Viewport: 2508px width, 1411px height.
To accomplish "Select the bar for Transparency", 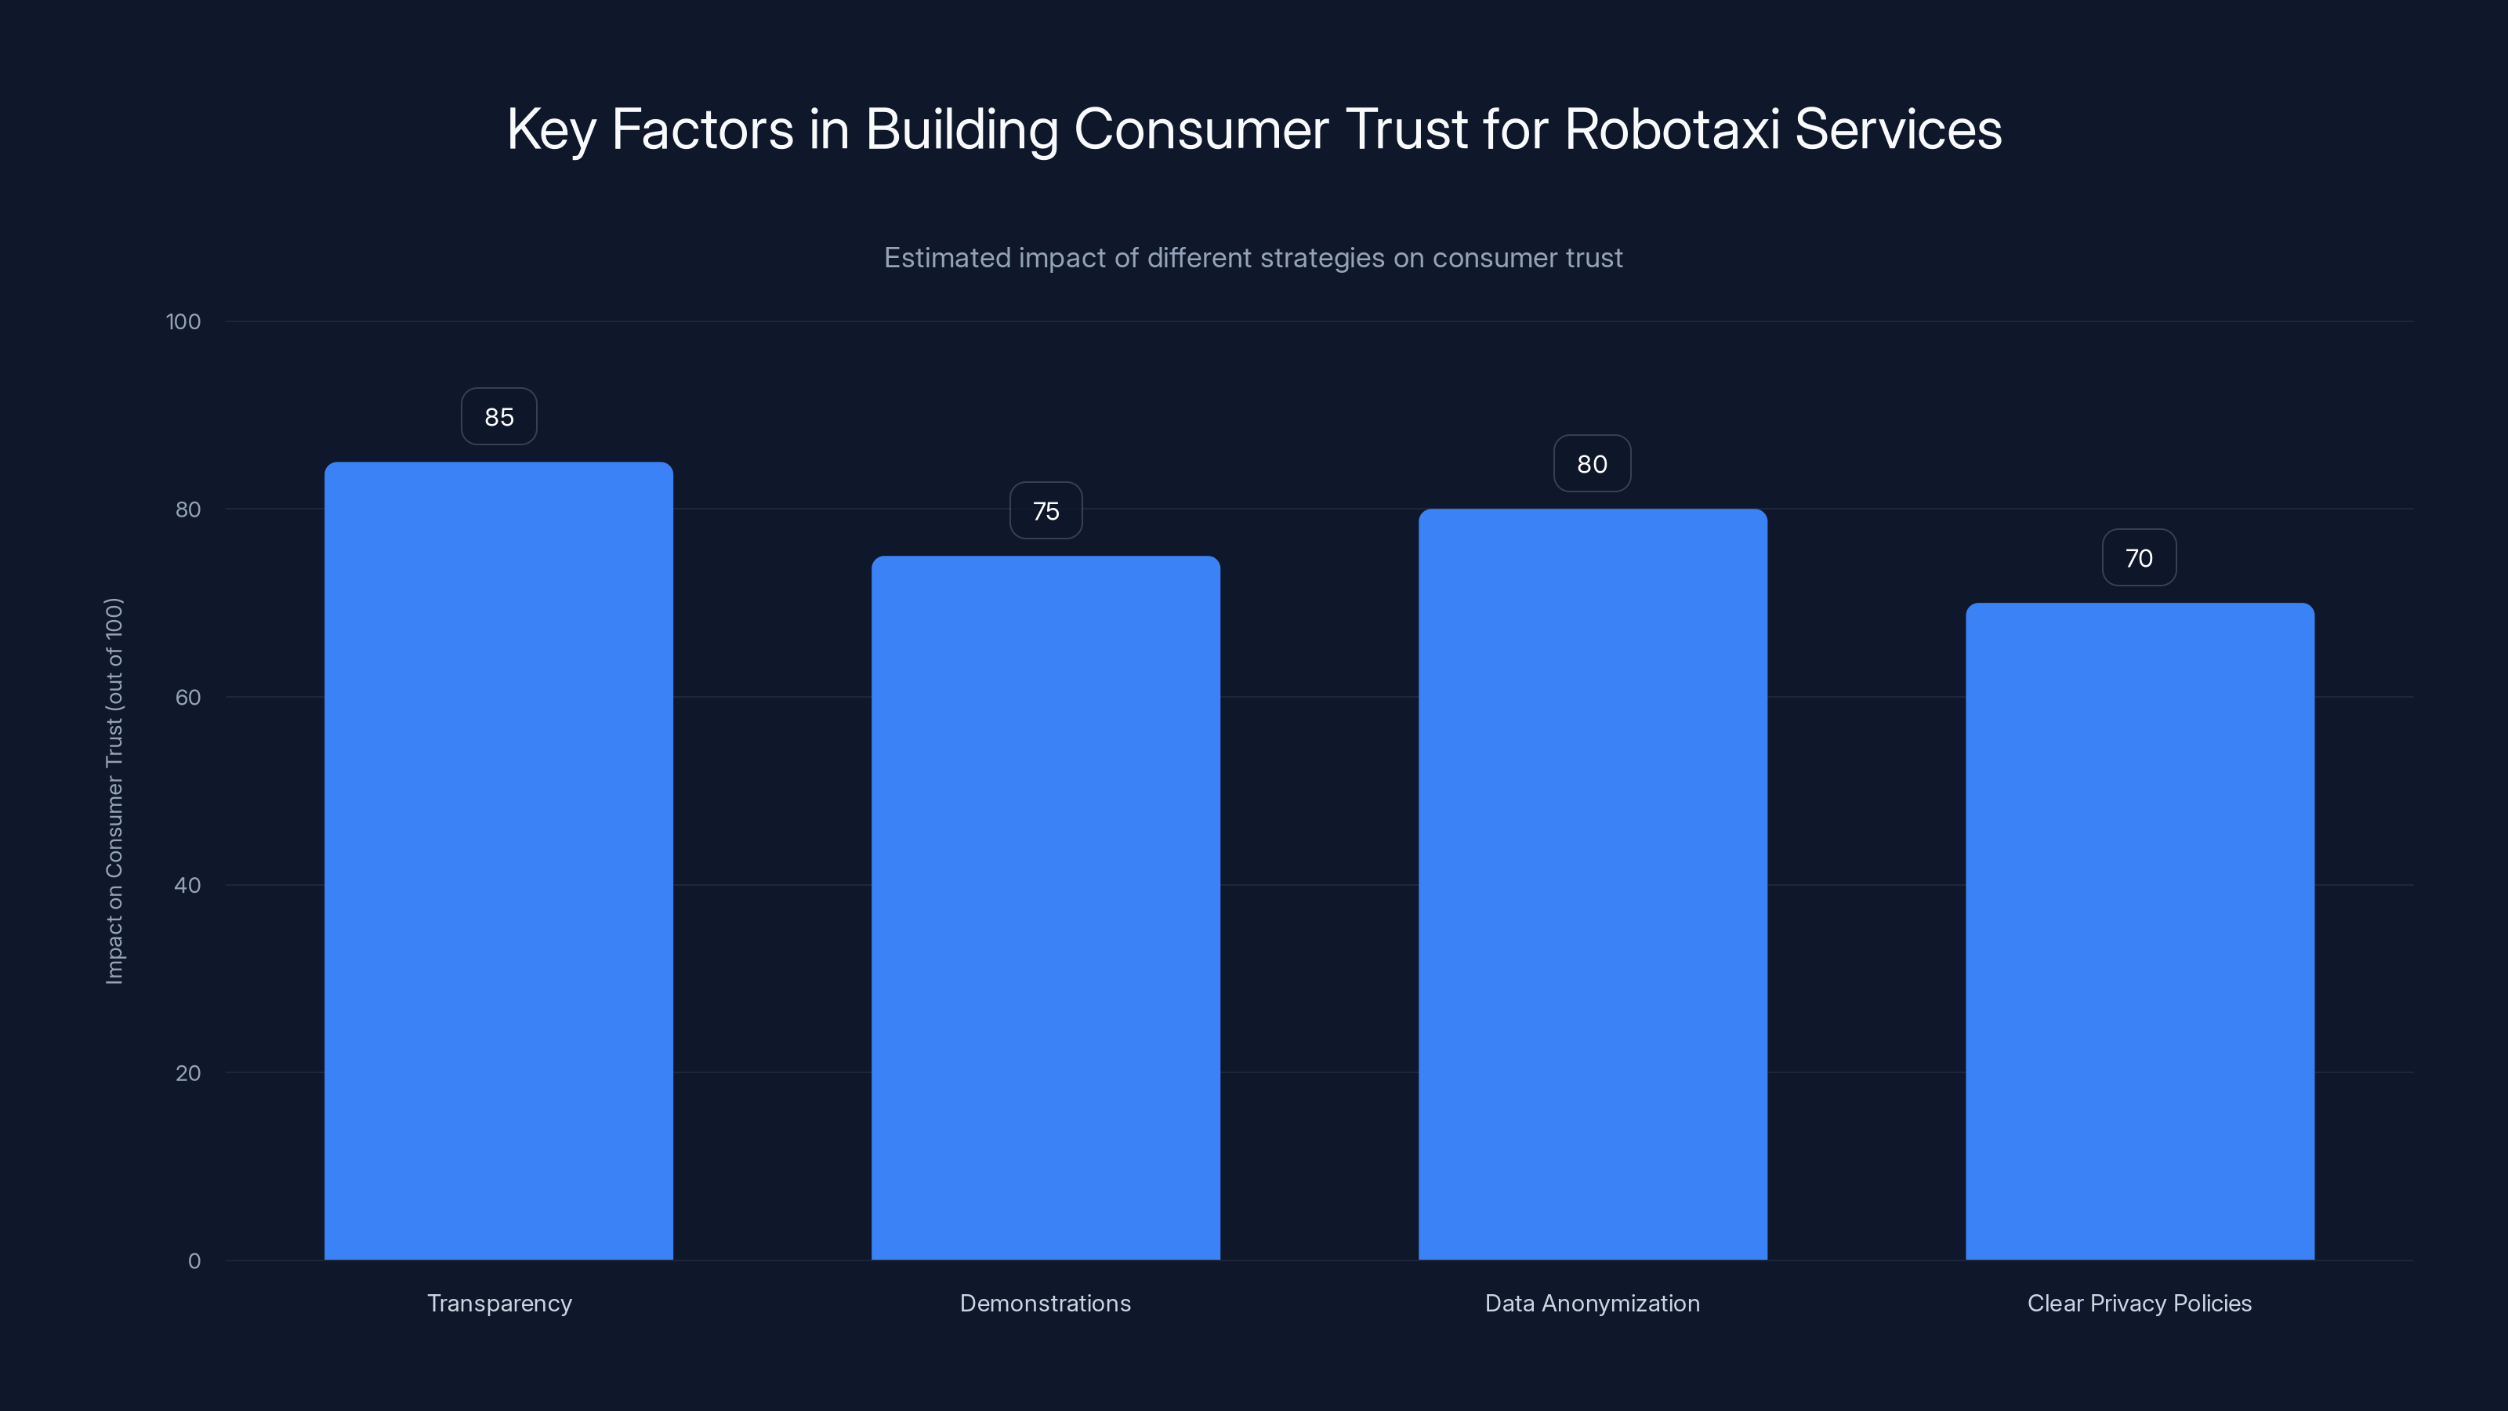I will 498,861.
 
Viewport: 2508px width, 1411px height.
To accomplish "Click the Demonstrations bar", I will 1046,908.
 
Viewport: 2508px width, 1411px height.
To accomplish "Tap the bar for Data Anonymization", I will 1593,884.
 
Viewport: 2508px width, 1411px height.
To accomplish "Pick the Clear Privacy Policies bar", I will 2140,931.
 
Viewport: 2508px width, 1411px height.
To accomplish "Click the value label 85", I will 498,417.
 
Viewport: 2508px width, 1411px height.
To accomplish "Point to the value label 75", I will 1046,511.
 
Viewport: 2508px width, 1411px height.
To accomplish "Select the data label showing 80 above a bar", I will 1592,465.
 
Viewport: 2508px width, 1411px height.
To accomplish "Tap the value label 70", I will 2139,558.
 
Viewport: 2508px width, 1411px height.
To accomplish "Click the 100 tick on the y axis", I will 183,322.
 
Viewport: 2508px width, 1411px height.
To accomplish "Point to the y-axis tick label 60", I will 188,697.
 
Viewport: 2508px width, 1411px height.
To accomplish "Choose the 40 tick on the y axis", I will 188,885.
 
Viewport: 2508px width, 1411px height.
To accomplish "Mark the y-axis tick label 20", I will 188,1073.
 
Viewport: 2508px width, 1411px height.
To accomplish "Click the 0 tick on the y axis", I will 194,1261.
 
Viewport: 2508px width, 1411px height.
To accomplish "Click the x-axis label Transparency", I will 499,1303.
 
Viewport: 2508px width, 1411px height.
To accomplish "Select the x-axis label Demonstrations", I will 1046,1303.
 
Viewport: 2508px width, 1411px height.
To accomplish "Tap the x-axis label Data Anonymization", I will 1593,1303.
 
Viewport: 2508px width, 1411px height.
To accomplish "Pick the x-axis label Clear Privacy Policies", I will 2140,1303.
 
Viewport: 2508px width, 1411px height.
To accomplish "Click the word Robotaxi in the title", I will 1671,129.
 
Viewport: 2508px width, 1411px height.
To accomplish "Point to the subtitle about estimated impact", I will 1253,258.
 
